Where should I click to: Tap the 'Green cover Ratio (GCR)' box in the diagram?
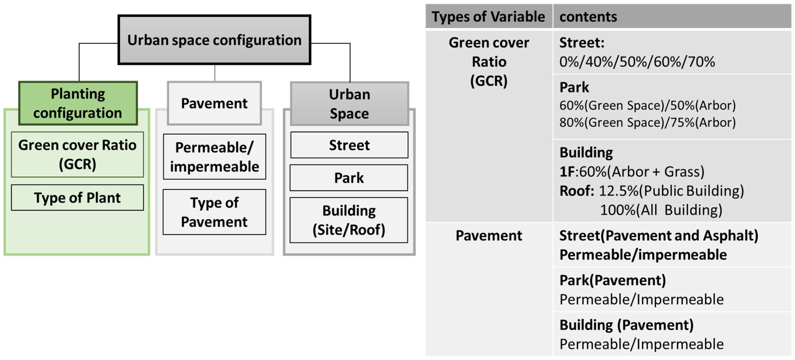[77, 154]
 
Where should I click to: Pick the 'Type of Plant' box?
[77, 198]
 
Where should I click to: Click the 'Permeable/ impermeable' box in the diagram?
[215, 157]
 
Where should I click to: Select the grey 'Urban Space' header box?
[349, 104]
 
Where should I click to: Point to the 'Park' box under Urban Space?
[349, 178]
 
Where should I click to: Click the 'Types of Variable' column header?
[488, 17]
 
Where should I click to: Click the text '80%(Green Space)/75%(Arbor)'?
[647, 122]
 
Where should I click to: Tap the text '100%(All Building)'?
[661, 210]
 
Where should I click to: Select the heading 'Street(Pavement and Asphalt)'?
[659, 236]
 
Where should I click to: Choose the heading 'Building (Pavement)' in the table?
[627, 325]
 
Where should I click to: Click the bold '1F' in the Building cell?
[567, 172]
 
